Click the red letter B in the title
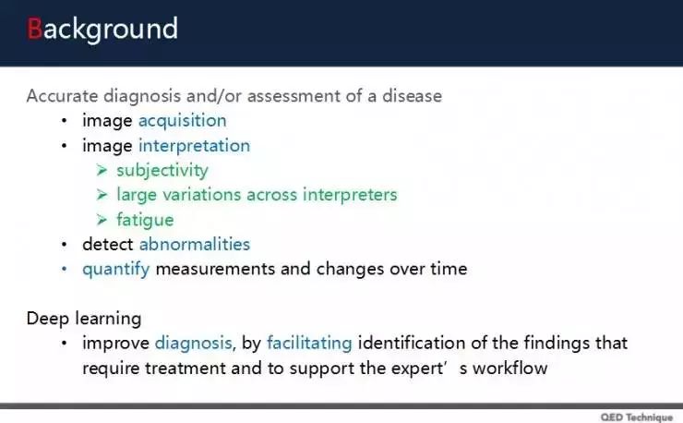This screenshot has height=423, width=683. click(34, 29)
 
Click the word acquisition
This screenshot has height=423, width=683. click(183, 121)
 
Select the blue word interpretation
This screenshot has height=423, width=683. click(194, 146)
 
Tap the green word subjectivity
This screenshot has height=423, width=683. click(162, 171)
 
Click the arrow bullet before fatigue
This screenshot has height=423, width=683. click(102, 219)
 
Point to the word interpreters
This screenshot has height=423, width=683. click(350, 195)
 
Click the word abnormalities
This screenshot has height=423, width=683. click(195, 244)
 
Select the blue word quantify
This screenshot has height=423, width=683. click(116, 269)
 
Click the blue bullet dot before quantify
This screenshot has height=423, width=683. click(65, 269)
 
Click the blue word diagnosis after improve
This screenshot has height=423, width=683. click(194, 344)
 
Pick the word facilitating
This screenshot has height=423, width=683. click(309, 344)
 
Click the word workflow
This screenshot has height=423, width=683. click(510, 369)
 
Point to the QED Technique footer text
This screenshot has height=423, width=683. click(637, 417)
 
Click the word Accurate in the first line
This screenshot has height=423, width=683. click(62, 96)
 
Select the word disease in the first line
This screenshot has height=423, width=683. click(412, 96)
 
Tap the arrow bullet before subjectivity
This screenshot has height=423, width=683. click(102, 170)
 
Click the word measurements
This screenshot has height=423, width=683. click(215, 269)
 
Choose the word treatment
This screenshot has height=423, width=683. click(186, 369)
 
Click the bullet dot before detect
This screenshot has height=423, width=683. click(65, 244)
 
